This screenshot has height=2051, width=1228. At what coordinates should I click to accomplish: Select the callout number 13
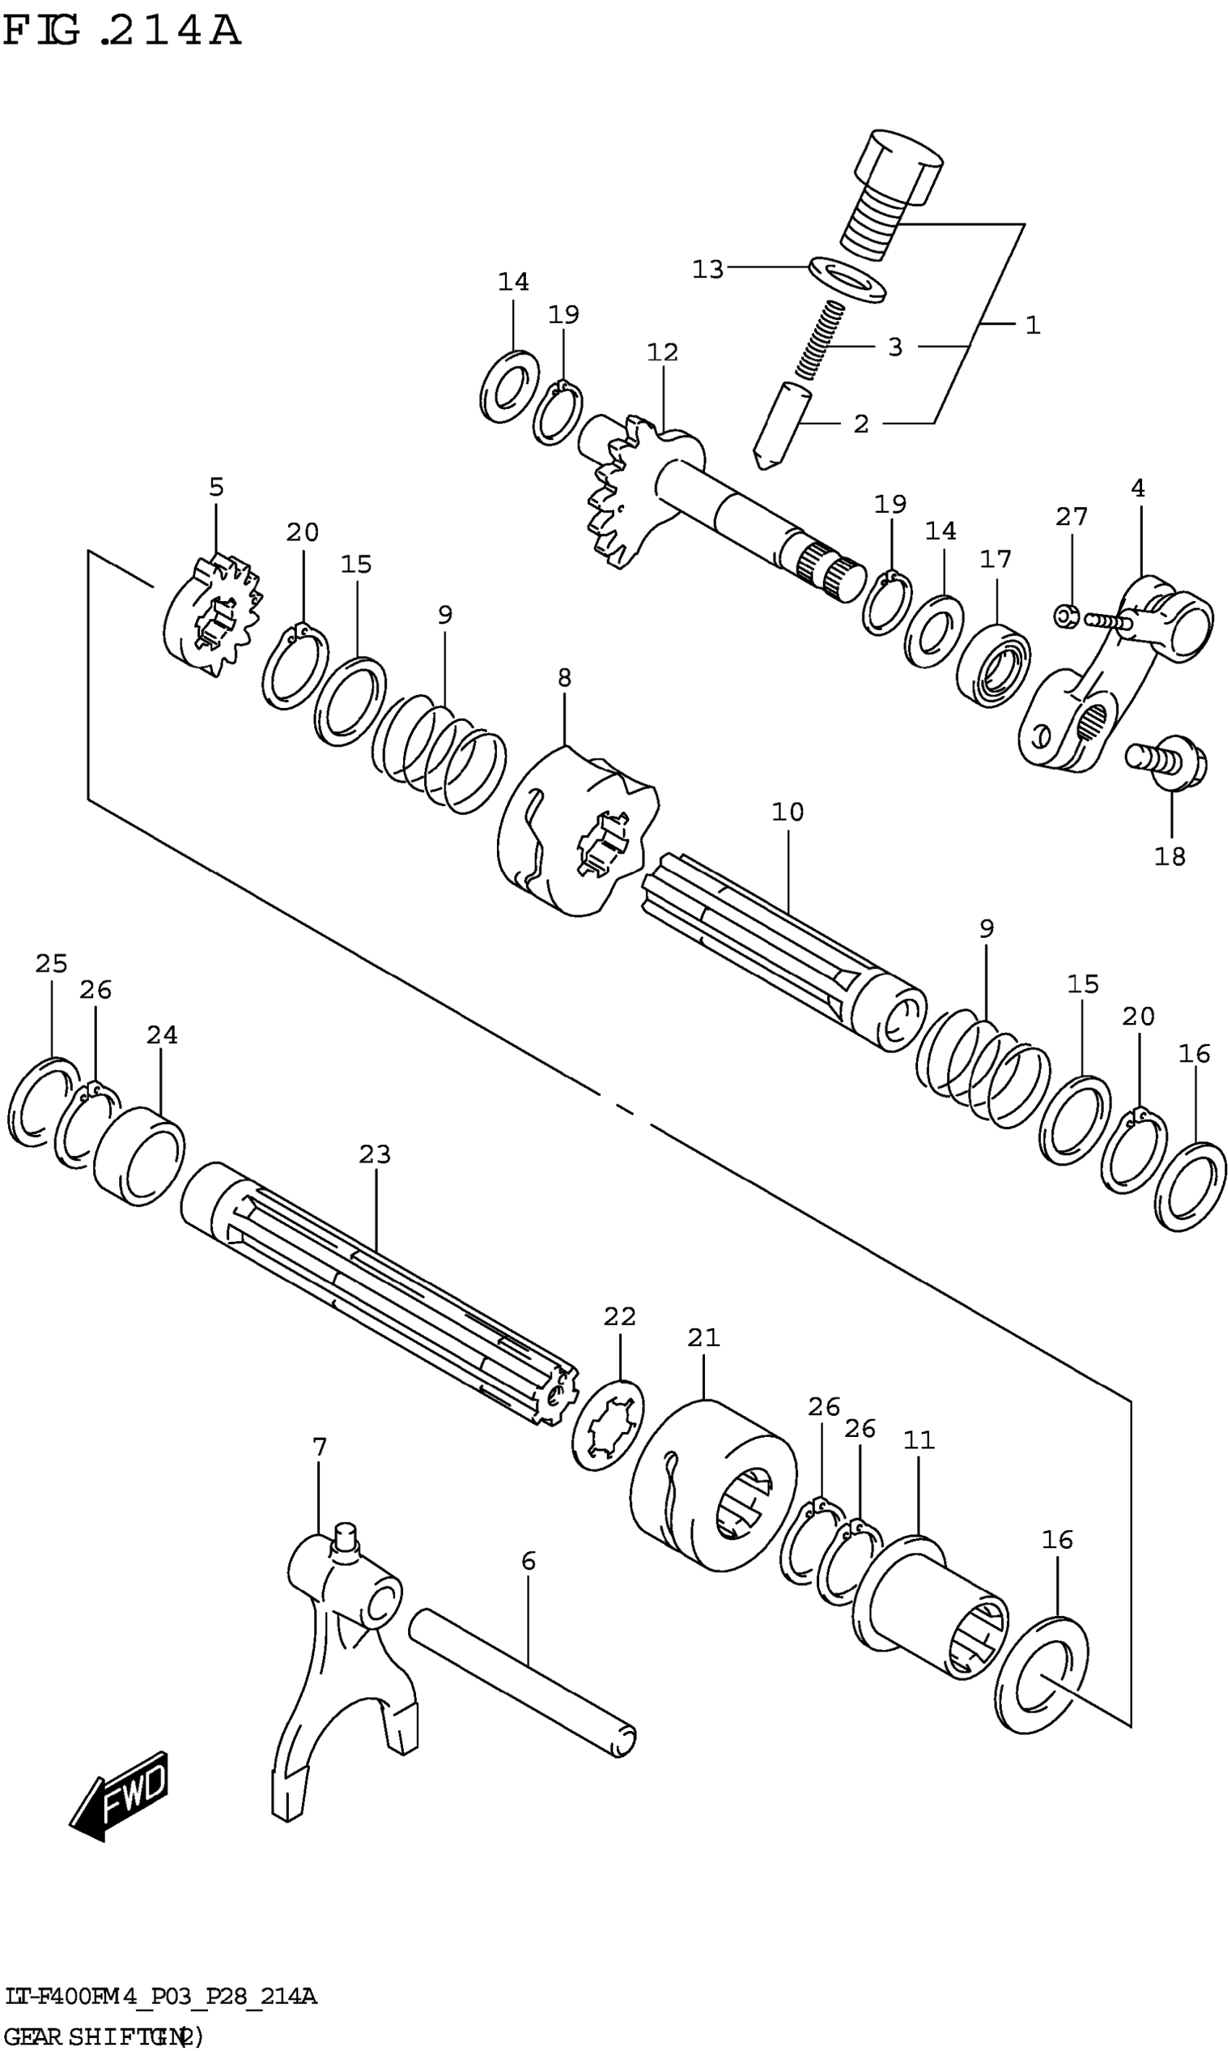pos(707,269)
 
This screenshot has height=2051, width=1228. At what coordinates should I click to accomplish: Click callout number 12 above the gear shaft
pos(662,353)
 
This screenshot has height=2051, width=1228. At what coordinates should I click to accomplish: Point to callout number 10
pos(787,813)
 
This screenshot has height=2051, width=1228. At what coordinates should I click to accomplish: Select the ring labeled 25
pos(41,1100)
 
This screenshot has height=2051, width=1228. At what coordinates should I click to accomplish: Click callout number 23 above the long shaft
pos(374,1154)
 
